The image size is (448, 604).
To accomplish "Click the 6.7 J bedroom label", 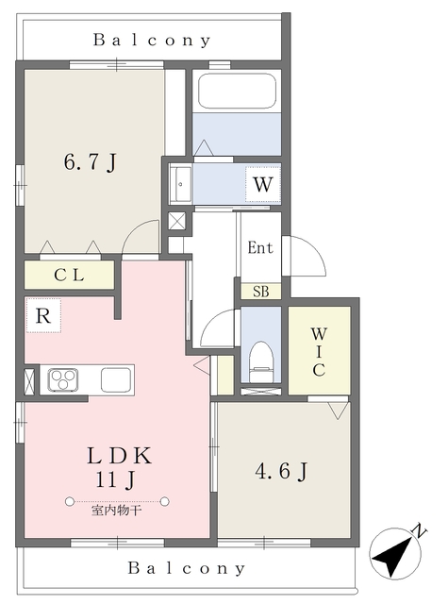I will (90, 162).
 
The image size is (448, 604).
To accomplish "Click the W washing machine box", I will (262, 184).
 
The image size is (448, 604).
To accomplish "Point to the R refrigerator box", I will (42, 316).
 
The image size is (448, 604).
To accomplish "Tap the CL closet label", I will (69, 276).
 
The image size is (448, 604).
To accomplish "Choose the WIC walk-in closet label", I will (319, 351).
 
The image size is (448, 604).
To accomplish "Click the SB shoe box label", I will (260, 292).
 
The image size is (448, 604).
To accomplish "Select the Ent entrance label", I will (260, 248).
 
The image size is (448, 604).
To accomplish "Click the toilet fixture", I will (260, 359).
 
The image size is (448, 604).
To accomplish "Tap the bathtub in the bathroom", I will (236, 93).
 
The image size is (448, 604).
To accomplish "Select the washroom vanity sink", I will (180, 183).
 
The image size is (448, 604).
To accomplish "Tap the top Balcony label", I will (152, 41).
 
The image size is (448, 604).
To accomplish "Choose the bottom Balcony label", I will (187, 569).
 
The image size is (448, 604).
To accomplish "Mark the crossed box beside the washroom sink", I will (176, 221).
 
